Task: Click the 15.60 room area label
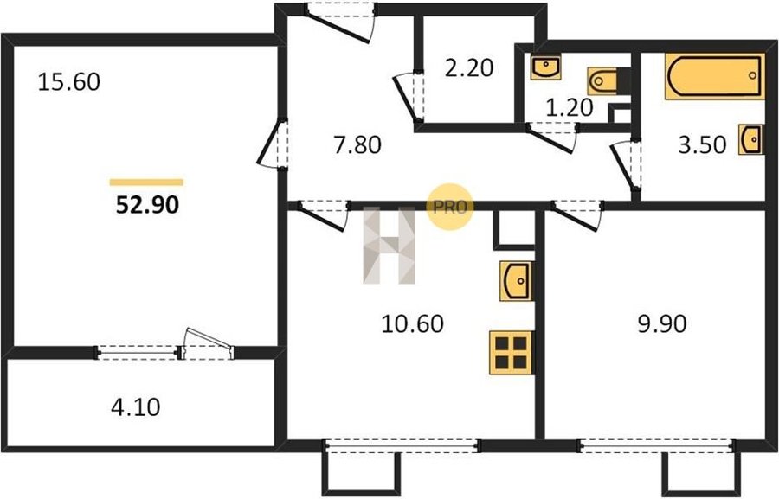pyautogui.click(x=69, y=81)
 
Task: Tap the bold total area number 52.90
pyautogui.click(x=147, y=205)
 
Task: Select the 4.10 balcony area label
pyautogui.click(x=136, y=407)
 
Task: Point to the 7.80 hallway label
pyautogui.click(x=357, y=145)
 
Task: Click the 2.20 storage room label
pyautogui.click(x=469, y=67)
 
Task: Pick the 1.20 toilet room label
pyautogui.click(x=570, y=107)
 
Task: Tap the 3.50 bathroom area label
pyautogui.click(x=703, y=145)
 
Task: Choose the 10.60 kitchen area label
pyautogui.click(x=412, y=323)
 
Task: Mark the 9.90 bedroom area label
pyautogui.click(x=662, y=323)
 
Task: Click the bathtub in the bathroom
pyautogui.click(x=714, y=76)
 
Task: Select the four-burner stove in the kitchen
pyautogui.click(x=512, y=353)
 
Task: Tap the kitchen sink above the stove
pyautogui.click(x=516, y=281)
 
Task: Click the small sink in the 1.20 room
pyautogui.click(x=545, y=67)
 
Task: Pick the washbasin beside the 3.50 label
pyautogui.click(x=750, y=139)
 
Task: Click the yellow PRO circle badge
pyautogui.click(x=449, y=207)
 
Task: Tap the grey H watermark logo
pyautogui.click(x=389, y=246)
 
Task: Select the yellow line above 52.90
pyautogui.click(x=146, y=182)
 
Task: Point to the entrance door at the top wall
pyautogui.click(x=340, y=22)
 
